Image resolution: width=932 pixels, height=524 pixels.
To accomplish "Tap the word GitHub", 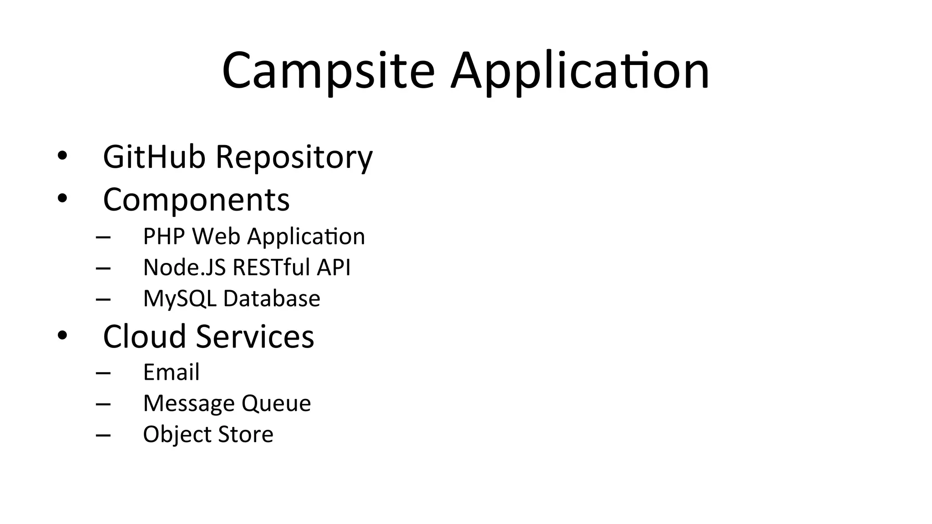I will (154, 157).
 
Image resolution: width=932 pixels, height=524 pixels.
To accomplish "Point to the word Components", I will (196, 200).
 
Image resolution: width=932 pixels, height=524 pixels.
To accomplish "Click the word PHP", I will (164, 237).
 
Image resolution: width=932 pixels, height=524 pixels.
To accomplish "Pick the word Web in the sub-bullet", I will (216, 237).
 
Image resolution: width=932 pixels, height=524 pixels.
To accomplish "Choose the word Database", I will (272, 299).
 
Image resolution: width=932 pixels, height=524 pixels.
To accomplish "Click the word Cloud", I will (145, 337).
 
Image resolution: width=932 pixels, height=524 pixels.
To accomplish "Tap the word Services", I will (255, 337).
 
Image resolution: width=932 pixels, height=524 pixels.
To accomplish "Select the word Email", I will (171, 372).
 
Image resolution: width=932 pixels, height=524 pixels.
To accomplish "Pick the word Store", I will (246, 434).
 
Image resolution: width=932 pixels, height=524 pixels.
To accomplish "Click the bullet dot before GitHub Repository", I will (62, 156).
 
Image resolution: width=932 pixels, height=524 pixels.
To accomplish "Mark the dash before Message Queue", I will (103, 404).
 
